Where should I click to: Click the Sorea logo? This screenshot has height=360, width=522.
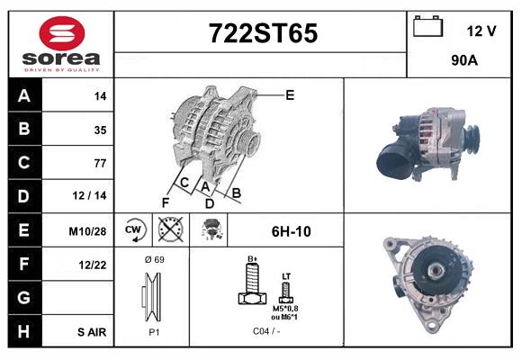click(x=60, y=45)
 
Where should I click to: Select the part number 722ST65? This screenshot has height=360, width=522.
click(x=263, y=34)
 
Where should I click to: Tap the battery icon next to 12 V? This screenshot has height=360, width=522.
click(x=426, y=28)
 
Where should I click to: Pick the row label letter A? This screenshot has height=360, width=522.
click(x=24, y=96)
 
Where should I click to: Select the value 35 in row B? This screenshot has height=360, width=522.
click(x=99, y=130)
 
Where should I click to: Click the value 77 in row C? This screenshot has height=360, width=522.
click(x=99, y=163)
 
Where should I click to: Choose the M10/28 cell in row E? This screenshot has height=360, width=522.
click(x=89, y=230)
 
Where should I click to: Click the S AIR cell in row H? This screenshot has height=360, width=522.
click(x=91, y=331)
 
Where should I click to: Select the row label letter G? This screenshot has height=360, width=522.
click(x=24, y=297)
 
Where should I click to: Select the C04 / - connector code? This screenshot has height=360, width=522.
click(x=265, y=331)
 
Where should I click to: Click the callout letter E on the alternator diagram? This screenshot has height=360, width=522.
click(x=290, y=94)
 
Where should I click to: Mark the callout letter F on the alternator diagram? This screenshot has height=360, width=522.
click(x=166, y=201)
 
